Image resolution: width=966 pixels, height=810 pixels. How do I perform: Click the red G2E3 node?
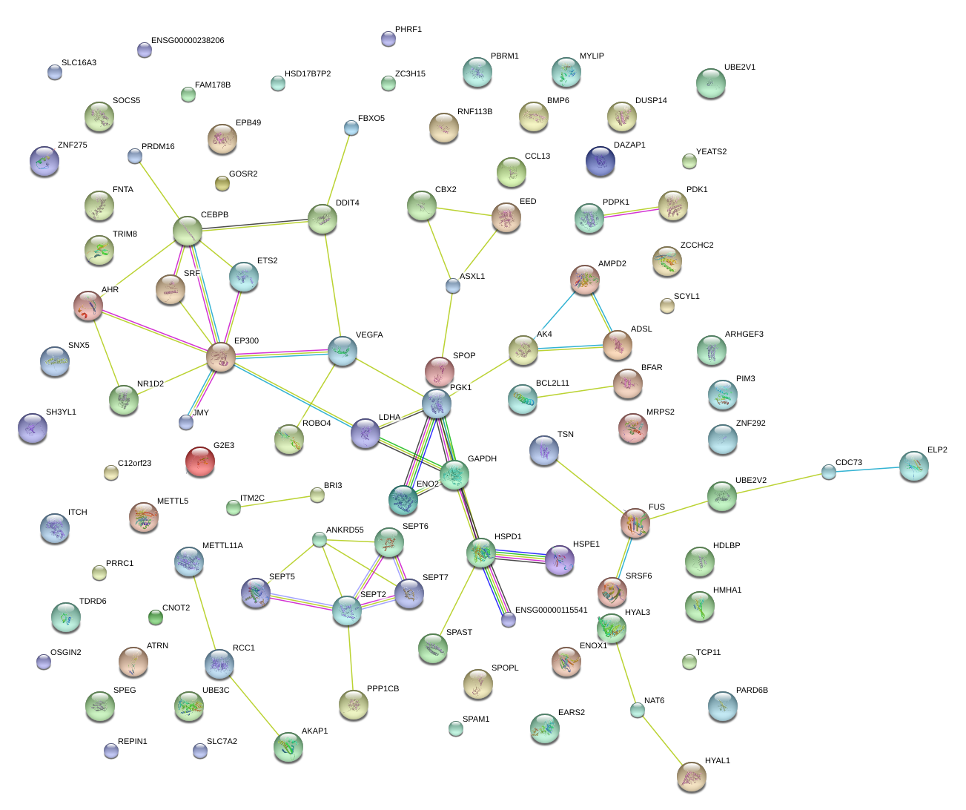coord(199,461)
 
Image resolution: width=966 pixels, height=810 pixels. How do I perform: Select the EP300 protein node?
coord(220,357)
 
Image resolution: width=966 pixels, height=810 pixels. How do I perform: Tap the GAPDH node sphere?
coord(454,475)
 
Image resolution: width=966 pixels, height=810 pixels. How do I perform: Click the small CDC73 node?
coord(828,471)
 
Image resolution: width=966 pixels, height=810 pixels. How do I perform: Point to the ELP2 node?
coord(913,466)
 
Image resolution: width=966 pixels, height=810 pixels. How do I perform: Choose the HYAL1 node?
coord(691,776)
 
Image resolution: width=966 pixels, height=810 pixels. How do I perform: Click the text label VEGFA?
coord(369,335)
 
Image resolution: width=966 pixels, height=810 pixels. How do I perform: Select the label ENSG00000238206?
coord(187,41)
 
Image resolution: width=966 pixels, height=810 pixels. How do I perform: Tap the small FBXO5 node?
coord(351,128)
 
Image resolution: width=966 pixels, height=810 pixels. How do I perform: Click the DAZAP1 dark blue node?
coord(600,161)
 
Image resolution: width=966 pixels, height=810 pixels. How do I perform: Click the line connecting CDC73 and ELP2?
coord(867,469)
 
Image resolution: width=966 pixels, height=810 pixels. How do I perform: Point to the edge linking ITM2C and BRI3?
coord(274,501)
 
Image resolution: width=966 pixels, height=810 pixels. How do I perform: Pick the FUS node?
coord(635,523)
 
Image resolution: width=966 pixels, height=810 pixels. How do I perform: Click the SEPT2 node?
coord(346,610)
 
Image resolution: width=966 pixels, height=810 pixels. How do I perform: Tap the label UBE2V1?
coord(739,67)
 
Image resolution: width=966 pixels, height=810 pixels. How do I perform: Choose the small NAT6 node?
coord(637,710)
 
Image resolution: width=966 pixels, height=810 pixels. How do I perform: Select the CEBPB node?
coord(188,231)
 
